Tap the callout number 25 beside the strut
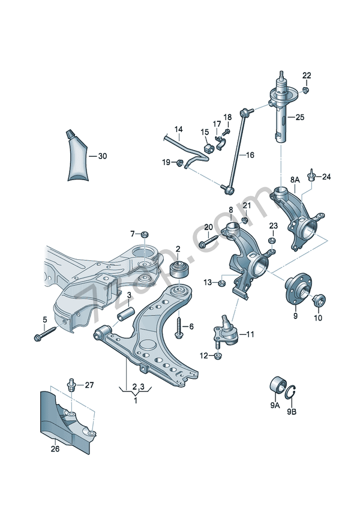(299, 118)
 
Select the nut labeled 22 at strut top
(305, 90)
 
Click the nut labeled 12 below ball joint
(218, 356)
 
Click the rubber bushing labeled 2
(178, 268)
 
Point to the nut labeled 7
(145, 233)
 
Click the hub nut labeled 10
(318, 300)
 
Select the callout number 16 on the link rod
(250, 155)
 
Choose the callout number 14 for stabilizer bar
(178, 130)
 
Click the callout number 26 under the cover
(55, 447)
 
